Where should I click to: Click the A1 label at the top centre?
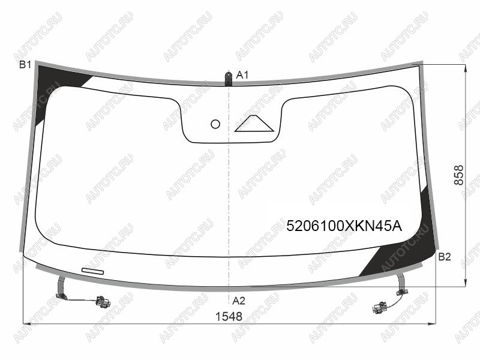point(242,74)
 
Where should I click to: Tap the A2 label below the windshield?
point(239,301)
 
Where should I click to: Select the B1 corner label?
point(25,65)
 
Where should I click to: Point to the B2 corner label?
point(445,257)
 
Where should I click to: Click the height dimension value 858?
point(458,175)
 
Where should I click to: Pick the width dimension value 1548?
point(229,317)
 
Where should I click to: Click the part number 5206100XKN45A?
point(344,226)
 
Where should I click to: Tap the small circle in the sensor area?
point(215,124)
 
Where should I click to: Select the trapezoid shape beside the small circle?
point(254,124)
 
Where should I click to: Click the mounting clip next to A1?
point(229,79)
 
